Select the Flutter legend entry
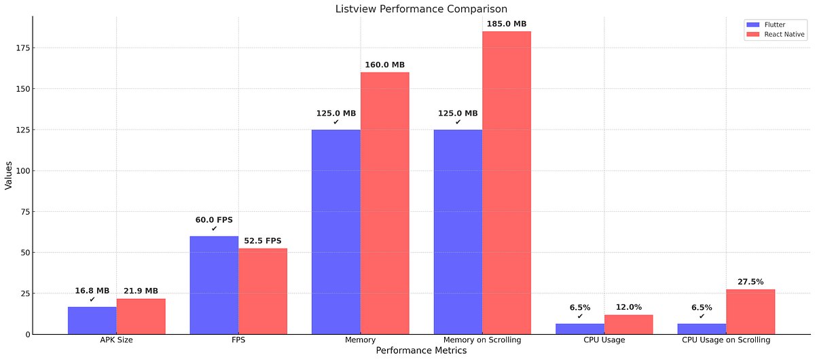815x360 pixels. pos(774,24)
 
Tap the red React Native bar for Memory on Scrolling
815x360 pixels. pos(507,183)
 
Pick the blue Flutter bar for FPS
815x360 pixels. pos(214,285)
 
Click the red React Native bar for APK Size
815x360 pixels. pos(141,317)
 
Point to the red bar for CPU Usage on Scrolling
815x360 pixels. pos(750,312)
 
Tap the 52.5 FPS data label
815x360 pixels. pos(263,240)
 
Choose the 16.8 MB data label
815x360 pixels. pos(92,291)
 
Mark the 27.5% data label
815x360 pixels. pos(750,281)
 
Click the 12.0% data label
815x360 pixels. pos(629,307)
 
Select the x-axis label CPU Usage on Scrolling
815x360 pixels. pos(726,340)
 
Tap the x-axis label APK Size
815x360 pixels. pos(116,340)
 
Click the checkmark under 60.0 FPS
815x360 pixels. pos(214,229)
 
